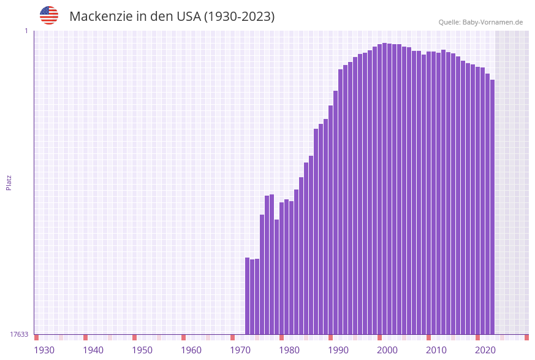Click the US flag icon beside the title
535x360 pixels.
(x=49, y=15)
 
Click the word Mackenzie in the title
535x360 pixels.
(x=99, y=17)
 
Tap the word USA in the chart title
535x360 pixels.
(x=184, y=17)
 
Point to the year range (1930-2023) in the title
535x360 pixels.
(x=239, y=17)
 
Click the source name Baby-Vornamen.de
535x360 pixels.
(x=492, y=22)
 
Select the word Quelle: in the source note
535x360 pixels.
(x=449, y=22)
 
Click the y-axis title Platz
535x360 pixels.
(x=9, y=182)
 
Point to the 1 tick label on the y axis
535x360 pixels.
(x=26, y=31)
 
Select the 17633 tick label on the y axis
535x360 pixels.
(x=19, y=334)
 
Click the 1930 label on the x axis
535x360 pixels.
(x=44, y=350)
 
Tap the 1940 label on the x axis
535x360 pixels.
(x=93, y=350)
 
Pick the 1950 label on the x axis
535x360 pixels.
(x=142, y=350)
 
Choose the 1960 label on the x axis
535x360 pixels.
(x=191, y=350)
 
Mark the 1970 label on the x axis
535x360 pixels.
(x=240, y=350)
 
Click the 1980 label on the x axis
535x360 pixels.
(x=289, y=350)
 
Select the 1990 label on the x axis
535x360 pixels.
(x=338, y=350)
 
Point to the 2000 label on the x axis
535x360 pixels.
(x=387, y=350)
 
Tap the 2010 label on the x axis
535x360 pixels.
(x=436, y=350)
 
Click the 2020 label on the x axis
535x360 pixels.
(x=485, y=350)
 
